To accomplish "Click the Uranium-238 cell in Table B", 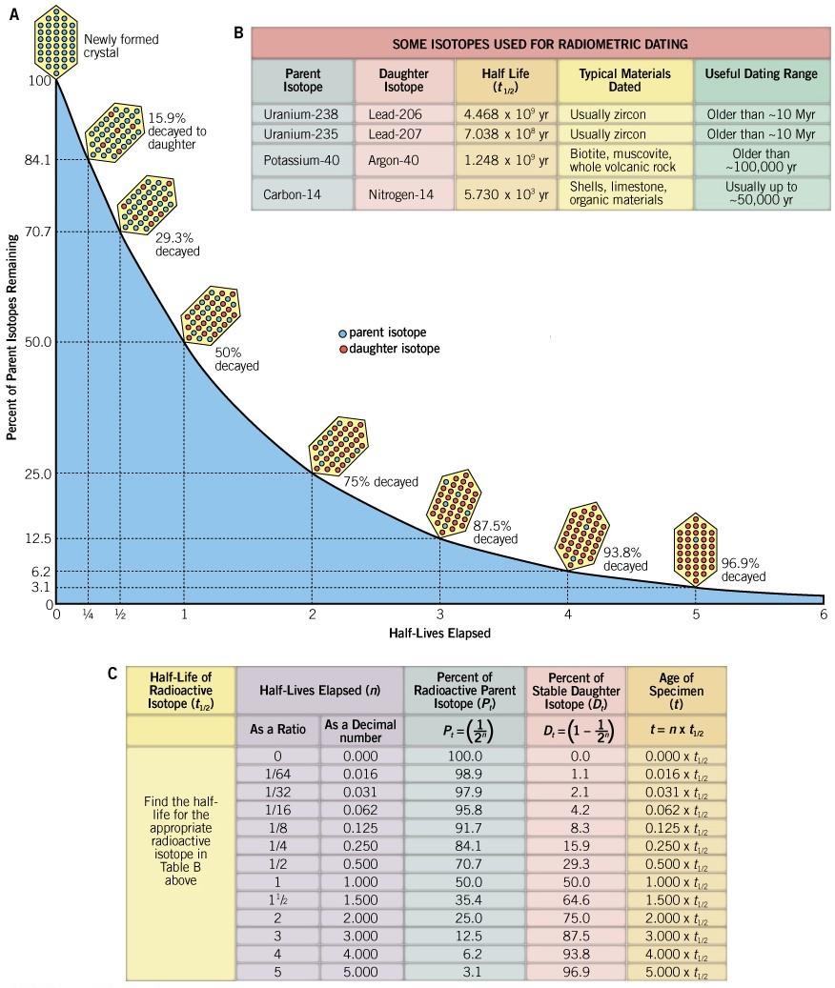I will point(303,114).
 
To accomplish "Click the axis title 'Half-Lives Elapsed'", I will point(439,632).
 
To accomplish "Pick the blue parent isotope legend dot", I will point(342,333).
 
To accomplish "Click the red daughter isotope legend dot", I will point(342,350).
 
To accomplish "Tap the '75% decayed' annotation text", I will point(380,482).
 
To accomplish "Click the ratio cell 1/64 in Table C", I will point(276,774).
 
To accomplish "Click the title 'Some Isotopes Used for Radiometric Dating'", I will point(540,44).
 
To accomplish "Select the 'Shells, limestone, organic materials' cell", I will point(623,194).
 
